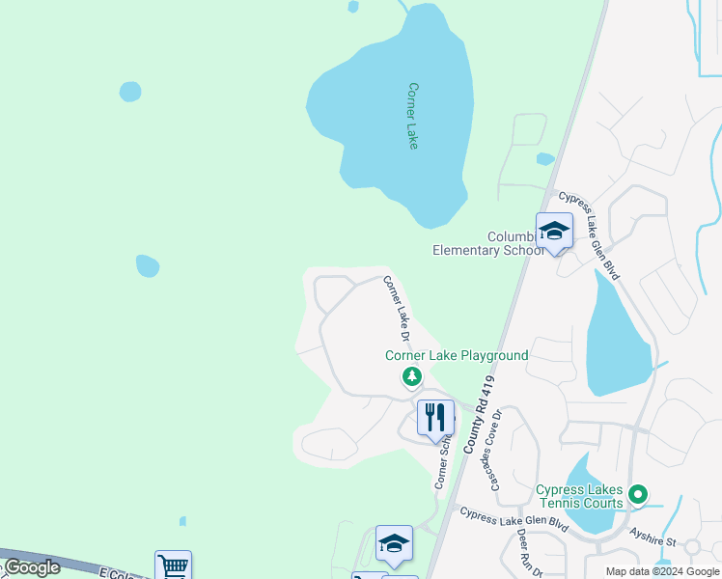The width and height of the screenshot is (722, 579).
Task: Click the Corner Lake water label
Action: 413,116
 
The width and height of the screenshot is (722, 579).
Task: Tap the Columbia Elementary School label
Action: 489,243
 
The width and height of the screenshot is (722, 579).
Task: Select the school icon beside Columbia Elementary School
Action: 554,232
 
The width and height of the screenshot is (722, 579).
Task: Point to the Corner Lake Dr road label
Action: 398,310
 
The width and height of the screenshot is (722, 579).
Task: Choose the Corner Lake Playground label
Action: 457,355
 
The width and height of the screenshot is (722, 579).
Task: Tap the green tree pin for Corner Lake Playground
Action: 412,376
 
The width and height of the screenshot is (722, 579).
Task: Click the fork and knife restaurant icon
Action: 435,418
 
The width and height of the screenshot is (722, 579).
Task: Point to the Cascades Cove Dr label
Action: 497,449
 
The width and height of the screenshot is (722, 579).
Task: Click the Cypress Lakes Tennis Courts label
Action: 579,496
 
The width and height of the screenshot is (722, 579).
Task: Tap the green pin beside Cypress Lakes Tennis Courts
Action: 637,496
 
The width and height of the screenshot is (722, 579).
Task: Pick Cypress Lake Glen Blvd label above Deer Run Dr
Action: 514,518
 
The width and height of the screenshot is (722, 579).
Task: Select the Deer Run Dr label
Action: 531,551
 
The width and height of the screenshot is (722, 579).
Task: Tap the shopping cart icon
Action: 173,565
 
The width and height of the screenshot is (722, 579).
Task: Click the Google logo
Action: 32,567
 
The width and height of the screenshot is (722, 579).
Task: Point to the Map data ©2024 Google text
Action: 662,571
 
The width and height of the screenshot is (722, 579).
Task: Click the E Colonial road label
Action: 121,574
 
